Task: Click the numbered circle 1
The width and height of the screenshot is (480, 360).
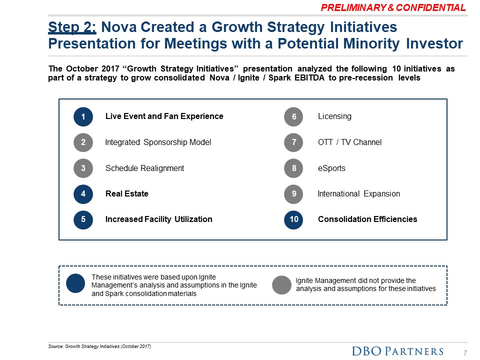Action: pos(83,117)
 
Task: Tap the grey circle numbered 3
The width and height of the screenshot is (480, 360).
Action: pos(83,168)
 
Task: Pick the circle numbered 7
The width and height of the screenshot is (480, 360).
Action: pos(294,142)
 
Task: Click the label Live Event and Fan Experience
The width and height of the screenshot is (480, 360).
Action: pos(164,116)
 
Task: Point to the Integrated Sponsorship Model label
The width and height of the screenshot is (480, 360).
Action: pos(158,142)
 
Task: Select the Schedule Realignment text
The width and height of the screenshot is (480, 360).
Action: pos(144,168)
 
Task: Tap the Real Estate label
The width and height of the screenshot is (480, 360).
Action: pos(126,194)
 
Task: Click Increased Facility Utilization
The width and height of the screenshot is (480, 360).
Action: pos(158,219)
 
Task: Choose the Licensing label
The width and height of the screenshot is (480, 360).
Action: pos(334,116)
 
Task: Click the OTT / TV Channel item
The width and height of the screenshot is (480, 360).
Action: pos(349,142)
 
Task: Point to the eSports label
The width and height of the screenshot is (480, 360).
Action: pos(331,168)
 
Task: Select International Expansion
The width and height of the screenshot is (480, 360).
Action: pos(358,194)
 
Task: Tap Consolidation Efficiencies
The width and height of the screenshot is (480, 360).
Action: pos(367,219)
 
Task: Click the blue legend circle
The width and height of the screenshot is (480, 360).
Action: pos(75,284)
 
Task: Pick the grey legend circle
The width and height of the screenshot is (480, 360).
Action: pos(281,284)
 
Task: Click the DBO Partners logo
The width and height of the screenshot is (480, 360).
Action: pos(398,351)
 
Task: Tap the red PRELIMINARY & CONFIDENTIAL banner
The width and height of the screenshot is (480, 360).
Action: pos(393,7)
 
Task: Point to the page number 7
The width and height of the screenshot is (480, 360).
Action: pos(465,353)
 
